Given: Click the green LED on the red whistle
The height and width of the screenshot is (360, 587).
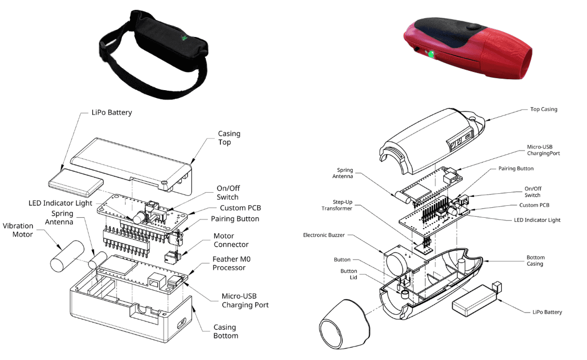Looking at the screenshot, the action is (431, 53).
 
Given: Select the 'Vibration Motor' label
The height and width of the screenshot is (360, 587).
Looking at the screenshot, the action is (18, 230).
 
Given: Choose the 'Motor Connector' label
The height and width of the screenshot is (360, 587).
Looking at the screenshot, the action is (231, 240).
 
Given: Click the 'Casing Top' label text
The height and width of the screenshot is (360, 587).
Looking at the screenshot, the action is (229, 138).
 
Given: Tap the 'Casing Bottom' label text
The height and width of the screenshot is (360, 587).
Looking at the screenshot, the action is (226, 331).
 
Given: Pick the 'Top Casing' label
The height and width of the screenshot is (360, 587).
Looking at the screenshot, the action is (543, 109).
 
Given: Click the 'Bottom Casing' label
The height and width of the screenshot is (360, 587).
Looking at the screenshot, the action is (535, 260).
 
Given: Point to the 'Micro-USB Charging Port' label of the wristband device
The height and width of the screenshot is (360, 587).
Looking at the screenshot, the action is (245, 301).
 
